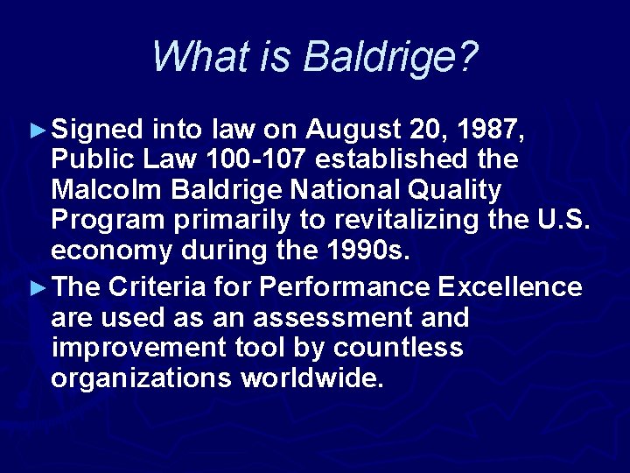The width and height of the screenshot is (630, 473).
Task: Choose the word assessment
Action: coord(298,316)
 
